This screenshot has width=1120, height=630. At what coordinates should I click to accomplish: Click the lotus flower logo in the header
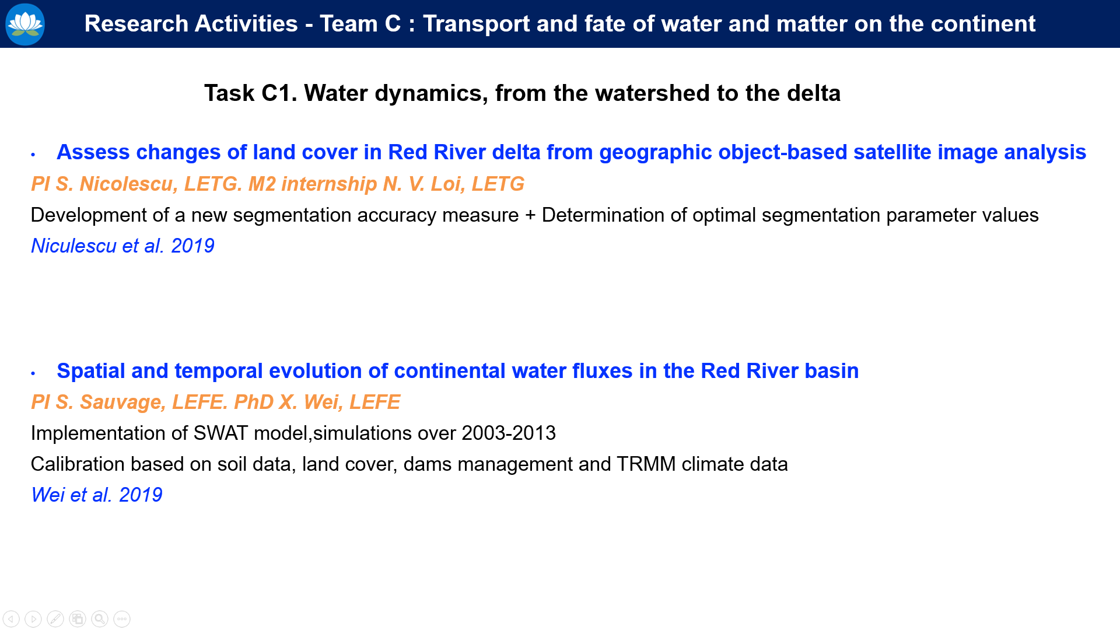click(25, 24)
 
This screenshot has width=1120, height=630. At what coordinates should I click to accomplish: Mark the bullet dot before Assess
click(33, 155)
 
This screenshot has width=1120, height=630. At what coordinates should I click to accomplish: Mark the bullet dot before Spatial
click(33, 373)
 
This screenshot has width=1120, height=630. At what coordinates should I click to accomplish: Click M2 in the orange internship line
click(262, 184)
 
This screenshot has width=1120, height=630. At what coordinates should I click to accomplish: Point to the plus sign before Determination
click(530, 216)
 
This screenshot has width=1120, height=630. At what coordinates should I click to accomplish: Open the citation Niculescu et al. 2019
click(123, 246)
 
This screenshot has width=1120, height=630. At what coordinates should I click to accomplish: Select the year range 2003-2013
click(509, 433)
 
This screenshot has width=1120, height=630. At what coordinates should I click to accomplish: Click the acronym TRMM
click(646, 464)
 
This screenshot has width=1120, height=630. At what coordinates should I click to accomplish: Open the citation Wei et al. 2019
click(97, 495)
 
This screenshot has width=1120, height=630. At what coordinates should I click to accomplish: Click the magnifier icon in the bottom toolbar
click(100, 619)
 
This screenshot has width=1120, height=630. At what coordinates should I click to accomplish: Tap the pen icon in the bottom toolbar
click(55, 619)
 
